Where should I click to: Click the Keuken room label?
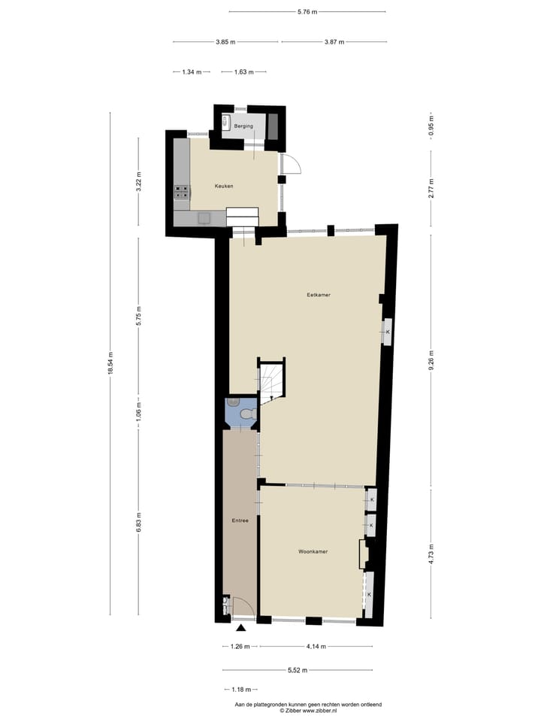(x=224, y=186)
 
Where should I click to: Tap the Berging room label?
(x=242, y=126)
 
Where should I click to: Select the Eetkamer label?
(x=319, y=295)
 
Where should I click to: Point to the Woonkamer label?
(x=313, y=551)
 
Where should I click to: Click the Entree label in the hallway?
(x=240, y=520)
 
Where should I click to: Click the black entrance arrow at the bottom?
(x=241, y=628)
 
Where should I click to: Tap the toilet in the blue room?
(x=245, y=413)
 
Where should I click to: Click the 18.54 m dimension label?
(x=110, y=364)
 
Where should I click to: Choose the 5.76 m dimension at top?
(x=307, y=11)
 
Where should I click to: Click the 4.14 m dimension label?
(x=315, y=647)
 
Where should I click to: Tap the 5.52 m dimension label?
(x=297, y=669)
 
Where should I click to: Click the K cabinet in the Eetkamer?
(x=388, y=332)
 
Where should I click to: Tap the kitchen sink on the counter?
(x=204, y=218)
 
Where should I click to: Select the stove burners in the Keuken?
(x=181, y=193)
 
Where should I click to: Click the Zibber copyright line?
(x=308, y=710)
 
